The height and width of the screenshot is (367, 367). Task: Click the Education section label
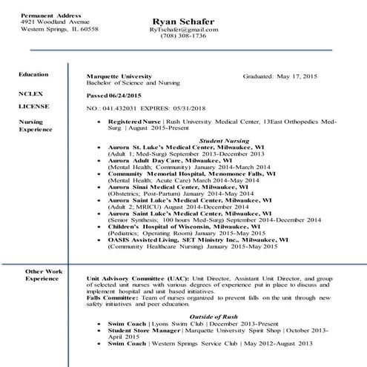click(x=34, y=75)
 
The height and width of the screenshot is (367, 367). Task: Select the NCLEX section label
click(x=30, y=94)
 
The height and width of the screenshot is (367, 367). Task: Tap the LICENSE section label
click(x=33, y=106)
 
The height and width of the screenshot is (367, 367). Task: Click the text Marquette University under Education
click(x=119, y=76)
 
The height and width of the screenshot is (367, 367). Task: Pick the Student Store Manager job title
click(x=149, y=331)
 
